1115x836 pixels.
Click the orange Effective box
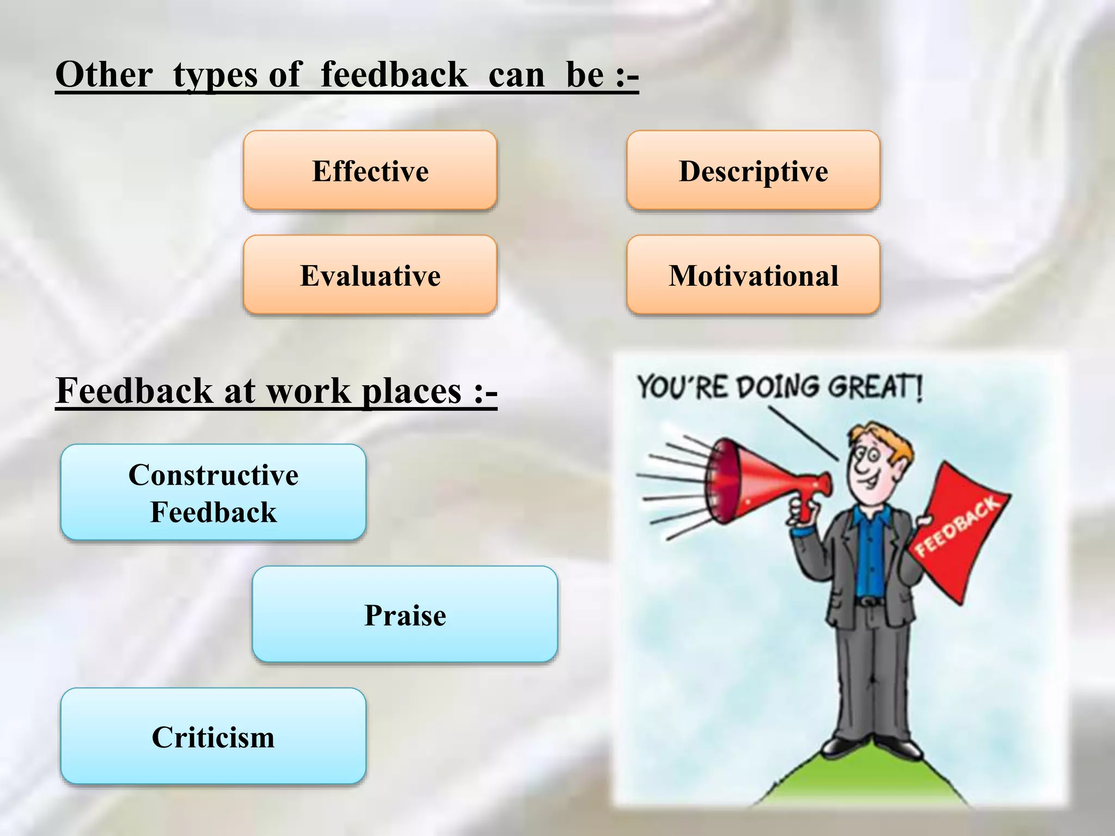tap(370, 170)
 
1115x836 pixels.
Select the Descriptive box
tap(753, 170)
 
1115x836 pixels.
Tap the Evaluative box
tap(370, 275)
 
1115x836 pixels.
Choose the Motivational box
tap(753, 275)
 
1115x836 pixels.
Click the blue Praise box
tap(405, 614)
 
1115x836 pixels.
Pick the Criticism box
tap(213, 736)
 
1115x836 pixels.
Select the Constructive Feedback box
tap(213, 493)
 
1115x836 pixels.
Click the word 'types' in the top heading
tap(215, 75)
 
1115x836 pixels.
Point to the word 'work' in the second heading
tap(309, 391)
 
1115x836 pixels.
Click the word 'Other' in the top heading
tap(104, 75)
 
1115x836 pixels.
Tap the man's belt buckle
tap(869, 601)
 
